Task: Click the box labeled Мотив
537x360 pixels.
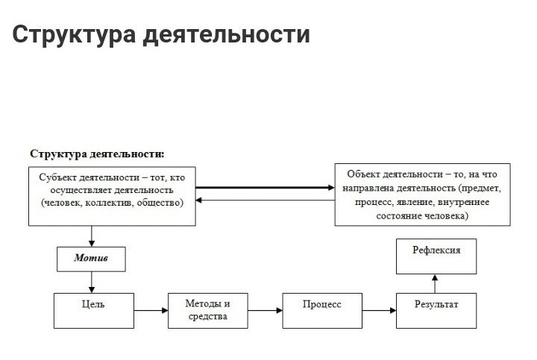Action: click(92, 259)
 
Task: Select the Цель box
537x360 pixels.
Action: click(93, 309)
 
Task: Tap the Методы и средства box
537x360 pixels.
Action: click(208, 311)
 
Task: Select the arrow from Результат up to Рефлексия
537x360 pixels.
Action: click(436, 283)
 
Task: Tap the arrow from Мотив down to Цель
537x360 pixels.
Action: click(92, 282)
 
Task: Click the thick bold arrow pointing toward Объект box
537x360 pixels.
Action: click(265, 188)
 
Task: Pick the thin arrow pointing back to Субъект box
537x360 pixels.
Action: click(265, 200)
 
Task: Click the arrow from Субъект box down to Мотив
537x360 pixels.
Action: click(92, 236)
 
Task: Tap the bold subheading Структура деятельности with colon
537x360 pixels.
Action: click(97, 154)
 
